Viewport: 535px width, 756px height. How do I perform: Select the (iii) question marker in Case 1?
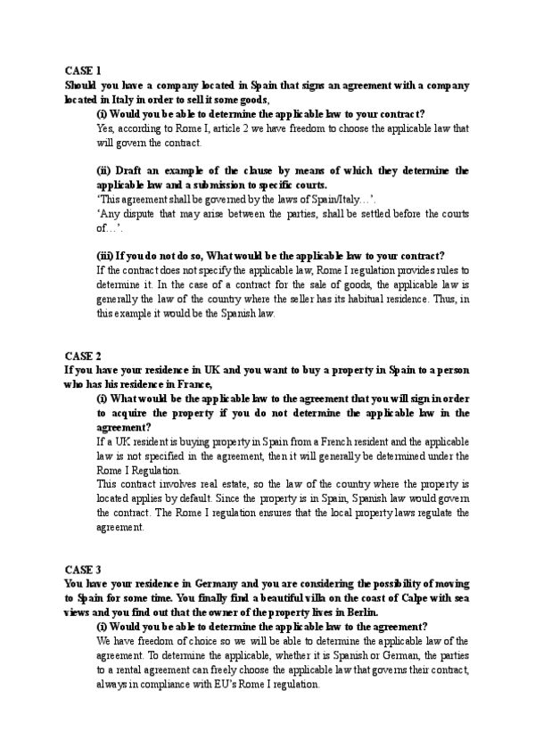click(105, 256)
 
